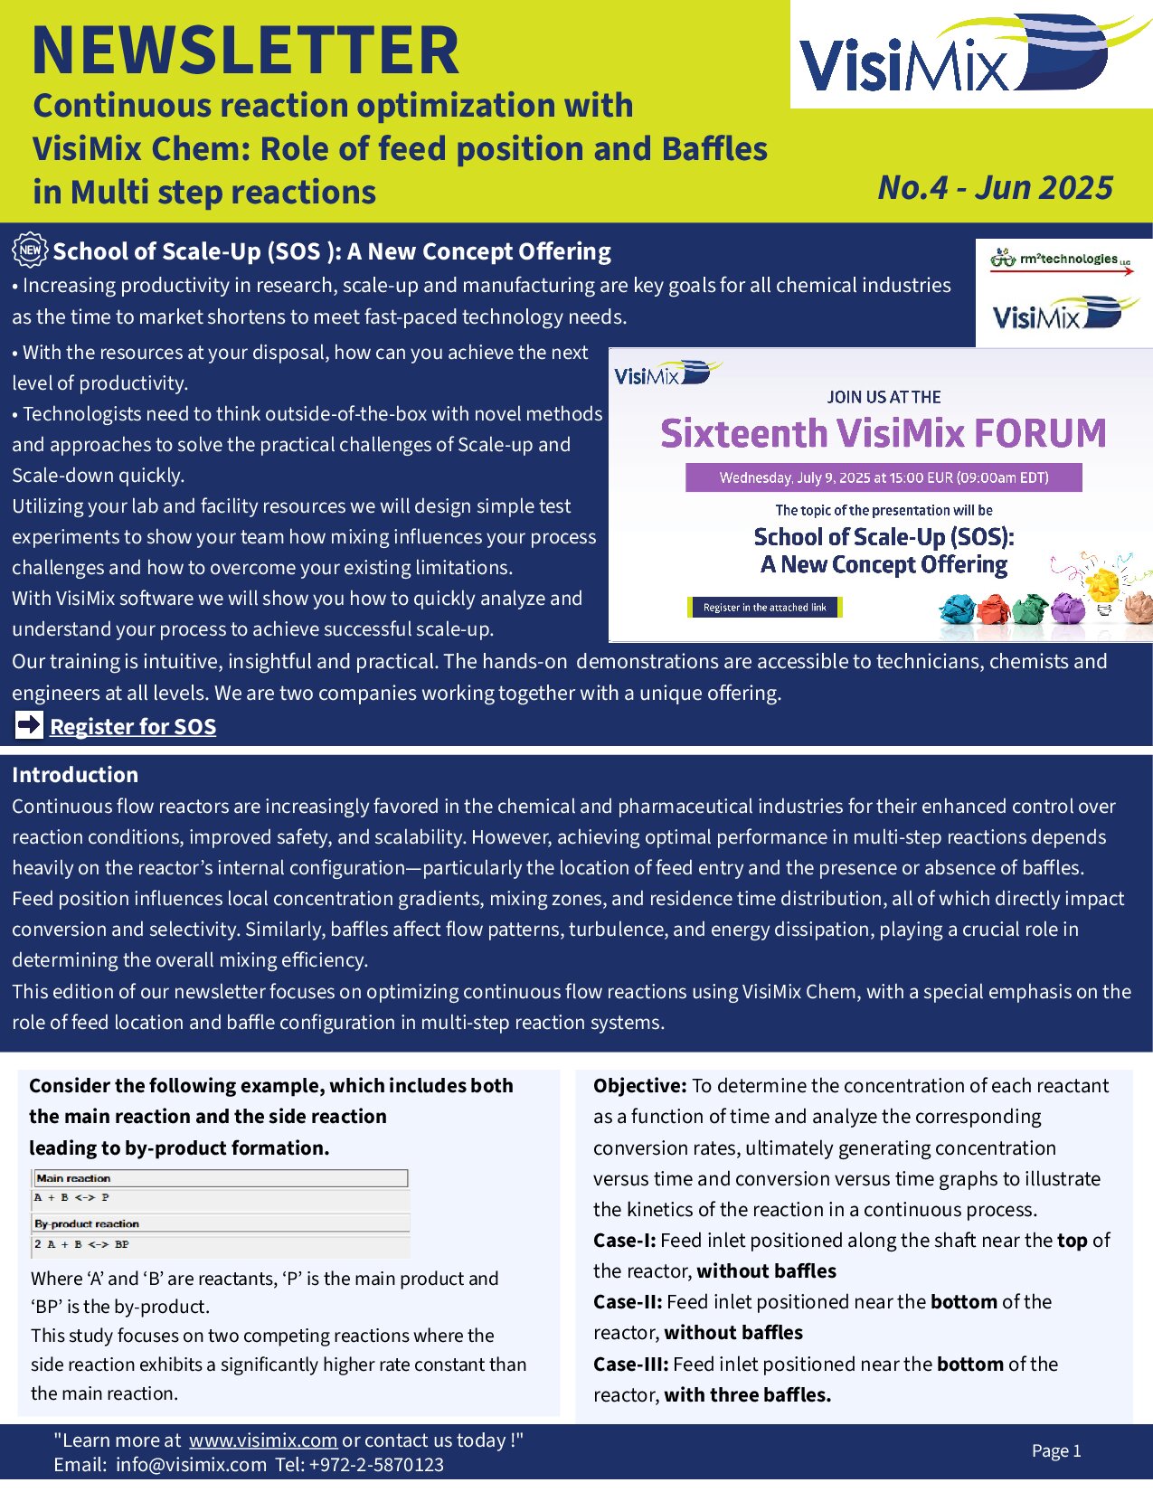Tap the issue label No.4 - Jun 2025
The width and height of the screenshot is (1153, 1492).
(x=995, y=187)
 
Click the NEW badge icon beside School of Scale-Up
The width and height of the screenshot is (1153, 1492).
(x=30, y=250)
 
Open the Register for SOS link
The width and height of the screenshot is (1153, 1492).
(x=133, y=726)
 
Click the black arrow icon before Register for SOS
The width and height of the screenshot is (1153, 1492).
(x=29, y=725)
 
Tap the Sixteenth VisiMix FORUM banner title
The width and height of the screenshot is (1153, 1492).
(x=883, y=433)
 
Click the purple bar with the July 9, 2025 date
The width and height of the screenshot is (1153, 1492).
(x=883, y=477)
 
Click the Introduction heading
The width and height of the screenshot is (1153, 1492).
(x=75, y=775)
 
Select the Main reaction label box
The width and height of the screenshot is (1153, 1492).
(x=220, y=1178)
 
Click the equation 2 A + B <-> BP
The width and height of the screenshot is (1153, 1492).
(x=81, y=1244)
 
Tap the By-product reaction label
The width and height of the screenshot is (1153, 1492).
(x=87, y=1223)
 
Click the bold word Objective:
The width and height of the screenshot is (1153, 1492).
(x=639, y=1085)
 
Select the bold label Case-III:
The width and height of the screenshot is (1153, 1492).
(x=630, y=1364)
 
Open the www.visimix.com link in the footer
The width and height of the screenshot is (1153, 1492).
(x=262, y=1440)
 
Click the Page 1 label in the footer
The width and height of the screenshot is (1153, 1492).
(x=1056, y=1450)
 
